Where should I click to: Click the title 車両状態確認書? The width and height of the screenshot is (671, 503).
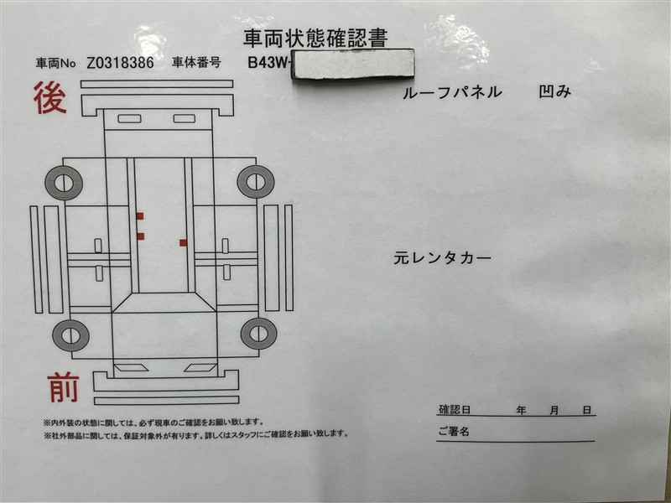[315, 38]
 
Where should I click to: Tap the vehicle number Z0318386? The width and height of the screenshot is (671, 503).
[120, 63]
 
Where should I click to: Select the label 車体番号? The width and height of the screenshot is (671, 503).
[196, 62]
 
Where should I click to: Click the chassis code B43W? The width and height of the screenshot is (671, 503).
[268, 62]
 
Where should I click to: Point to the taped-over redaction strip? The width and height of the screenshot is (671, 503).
[353, 65]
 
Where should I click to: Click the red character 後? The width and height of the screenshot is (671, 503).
[50, 98]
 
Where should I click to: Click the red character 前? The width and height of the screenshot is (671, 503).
[63, 387]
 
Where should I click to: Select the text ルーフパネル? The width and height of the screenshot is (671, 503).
[452, 92]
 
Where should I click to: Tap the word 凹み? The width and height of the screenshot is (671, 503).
[554, 91]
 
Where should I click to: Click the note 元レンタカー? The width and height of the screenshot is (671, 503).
[442, 258]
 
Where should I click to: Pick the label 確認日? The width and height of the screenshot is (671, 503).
[455, 409]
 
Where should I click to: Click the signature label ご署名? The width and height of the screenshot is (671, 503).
[454, 431]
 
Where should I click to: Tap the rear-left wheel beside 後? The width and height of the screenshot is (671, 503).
[64, 183]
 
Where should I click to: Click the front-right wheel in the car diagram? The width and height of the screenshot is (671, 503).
[258, 334]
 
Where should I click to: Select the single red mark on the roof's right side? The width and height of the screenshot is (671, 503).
[184, 243]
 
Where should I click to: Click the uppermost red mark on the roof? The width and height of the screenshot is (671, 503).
[140, 216]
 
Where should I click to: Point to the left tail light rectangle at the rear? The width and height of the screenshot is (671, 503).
[130, 119]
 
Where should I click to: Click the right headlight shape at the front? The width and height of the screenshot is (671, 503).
[200, 367]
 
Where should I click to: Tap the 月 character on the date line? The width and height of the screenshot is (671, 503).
[554, 411]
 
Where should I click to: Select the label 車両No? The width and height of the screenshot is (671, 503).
[56, 64]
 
